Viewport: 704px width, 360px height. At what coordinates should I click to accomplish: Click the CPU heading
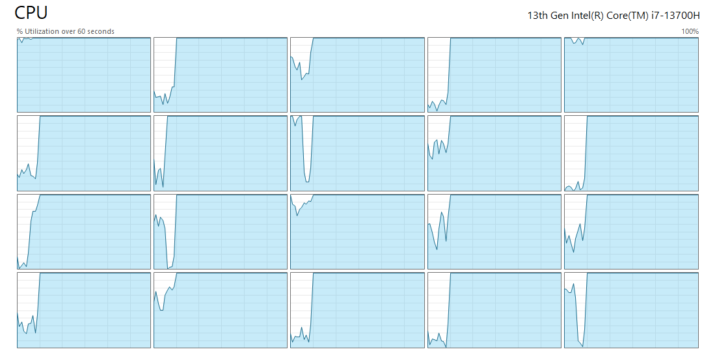31,12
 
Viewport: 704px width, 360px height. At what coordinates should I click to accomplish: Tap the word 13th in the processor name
537,16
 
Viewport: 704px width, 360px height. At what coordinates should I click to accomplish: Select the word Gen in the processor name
562,16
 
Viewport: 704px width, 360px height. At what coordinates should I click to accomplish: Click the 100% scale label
690,31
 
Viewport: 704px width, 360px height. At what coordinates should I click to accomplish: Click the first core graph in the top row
83,75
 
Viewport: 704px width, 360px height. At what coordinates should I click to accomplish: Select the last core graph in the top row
631,75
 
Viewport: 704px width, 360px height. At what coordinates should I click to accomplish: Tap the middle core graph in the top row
357,75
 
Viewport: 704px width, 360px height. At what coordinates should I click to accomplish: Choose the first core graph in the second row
83,153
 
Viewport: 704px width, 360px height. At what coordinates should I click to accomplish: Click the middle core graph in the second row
357,153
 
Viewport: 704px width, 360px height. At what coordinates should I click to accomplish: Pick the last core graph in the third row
631,232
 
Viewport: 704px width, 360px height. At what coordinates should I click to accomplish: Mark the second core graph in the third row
221,232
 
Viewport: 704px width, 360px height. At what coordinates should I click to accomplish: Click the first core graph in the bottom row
83,311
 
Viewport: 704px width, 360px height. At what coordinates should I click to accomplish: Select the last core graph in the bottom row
631,311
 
